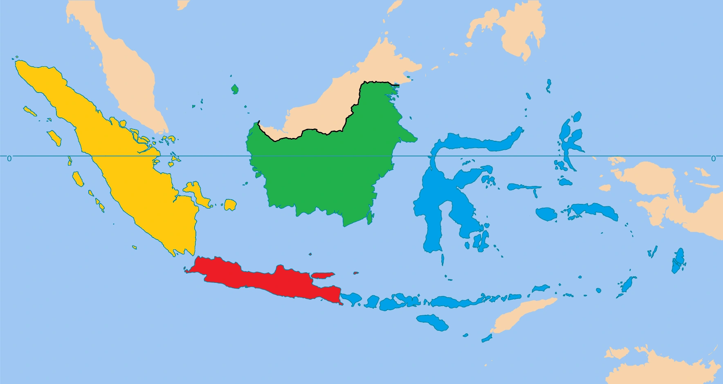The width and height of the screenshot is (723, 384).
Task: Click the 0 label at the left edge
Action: pyautogui.click(x=9, y=158)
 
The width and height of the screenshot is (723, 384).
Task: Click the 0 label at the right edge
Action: pyautogui.click(x=713, y=158)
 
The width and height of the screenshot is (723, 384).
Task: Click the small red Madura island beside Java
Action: pyautogui.click(x=323, y=275)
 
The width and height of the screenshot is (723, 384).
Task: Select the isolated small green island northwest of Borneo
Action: pyautogui.click(x=235, y=89)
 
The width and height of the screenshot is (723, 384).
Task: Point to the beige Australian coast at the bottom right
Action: pyautogui.click(x=662, y=368)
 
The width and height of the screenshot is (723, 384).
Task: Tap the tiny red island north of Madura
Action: pyautogui.click(x=356, y=273)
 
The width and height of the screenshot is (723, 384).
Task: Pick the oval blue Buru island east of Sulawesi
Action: pyautogui.click(x=546, y=214)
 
